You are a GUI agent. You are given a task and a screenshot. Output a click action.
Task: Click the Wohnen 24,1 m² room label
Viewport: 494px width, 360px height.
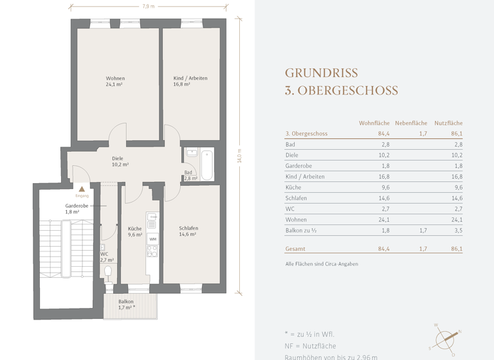[x=115, y=81]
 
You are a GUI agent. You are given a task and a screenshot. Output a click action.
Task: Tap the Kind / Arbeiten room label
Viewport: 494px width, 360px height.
[x=190, y=81]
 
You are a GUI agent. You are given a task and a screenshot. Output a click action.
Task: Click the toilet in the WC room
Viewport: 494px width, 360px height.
[x=108, y=273]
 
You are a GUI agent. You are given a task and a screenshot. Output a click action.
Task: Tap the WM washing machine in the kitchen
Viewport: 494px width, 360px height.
[x=152, y=239]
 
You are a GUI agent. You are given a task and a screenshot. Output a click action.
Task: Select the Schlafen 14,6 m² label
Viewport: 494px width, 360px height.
[x=188, y=231]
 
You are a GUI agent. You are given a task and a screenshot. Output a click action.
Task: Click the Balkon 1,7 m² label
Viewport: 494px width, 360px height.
[x=126, y=304]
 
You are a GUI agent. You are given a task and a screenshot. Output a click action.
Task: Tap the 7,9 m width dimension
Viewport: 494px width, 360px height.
[x=148, y=6]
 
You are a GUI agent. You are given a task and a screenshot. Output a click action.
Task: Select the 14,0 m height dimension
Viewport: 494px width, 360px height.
[x=239, y=156]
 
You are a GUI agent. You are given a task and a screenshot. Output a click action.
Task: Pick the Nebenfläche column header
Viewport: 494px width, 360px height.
[x=411, y=123]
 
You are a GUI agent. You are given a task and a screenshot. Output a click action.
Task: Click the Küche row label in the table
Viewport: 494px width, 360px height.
[x=293, y=188]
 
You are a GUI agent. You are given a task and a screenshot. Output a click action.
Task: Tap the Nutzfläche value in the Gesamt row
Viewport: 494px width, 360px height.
[x=456, y=249]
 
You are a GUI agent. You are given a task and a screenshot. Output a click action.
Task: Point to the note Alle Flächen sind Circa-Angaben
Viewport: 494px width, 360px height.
[x=321, y=264]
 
